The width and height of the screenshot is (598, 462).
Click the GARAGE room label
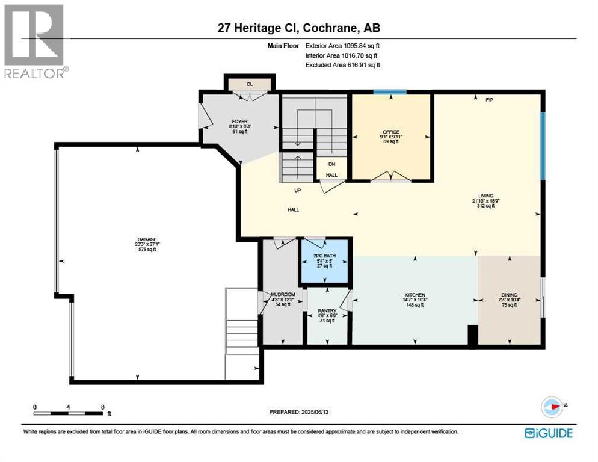[147, 239]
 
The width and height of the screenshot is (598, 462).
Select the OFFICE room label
[391, 132]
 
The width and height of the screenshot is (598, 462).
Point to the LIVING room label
[485, 196]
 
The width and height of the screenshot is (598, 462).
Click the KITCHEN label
[415, 295]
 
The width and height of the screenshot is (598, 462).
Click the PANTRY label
[326, 311]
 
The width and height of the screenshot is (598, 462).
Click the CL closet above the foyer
[249, 84]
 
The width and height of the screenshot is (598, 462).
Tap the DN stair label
[331, 164]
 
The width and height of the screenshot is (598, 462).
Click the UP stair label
[297, 191]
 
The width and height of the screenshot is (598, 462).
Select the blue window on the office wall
[389, 92]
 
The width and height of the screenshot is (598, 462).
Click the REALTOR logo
[35, 42]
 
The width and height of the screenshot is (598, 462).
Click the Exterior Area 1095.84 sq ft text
[343, 45]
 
